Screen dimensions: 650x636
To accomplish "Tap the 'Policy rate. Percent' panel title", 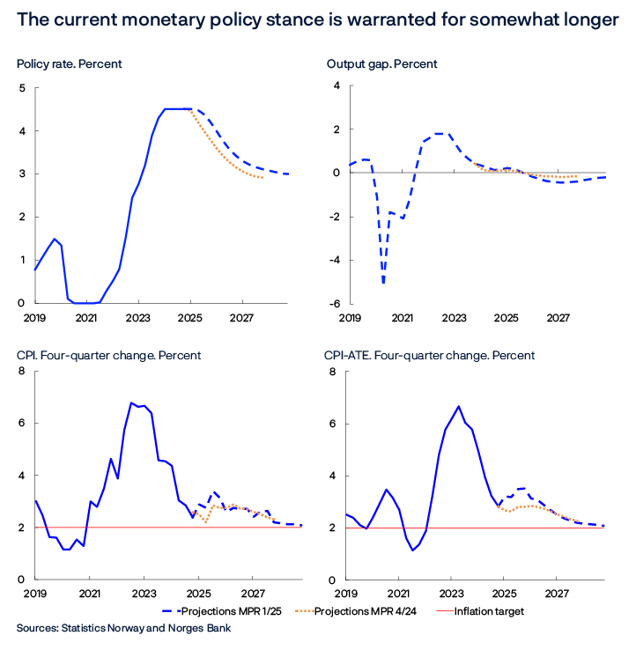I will point(69,64).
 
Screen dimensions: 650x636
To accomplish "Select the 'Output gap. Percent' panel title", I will point(382,64).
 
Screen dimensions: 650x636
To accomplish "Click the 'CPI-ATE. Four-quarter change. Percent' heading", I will point(430,355).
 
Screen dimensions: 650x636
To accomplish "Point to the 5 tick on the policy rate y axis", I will point(22,88).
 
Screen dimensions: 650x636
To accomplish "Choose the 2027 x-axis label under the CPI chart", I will point(254,595).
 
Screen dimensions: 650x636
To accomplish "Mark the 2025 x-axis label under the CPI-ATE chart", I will point(504,595).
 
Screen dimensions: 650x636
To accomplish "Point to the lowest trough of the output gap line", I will point(383,284).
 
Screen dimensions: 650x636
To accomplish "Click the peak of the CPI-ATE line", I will point(458,406).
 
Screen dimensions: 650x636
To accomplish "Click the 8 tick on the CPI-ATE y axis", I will point(333,373).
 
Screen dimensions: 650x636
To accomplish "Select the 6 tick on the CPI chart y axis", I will point(22,424).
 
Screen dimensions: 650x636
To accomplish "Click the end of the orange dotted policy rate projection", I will point(263,178).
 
